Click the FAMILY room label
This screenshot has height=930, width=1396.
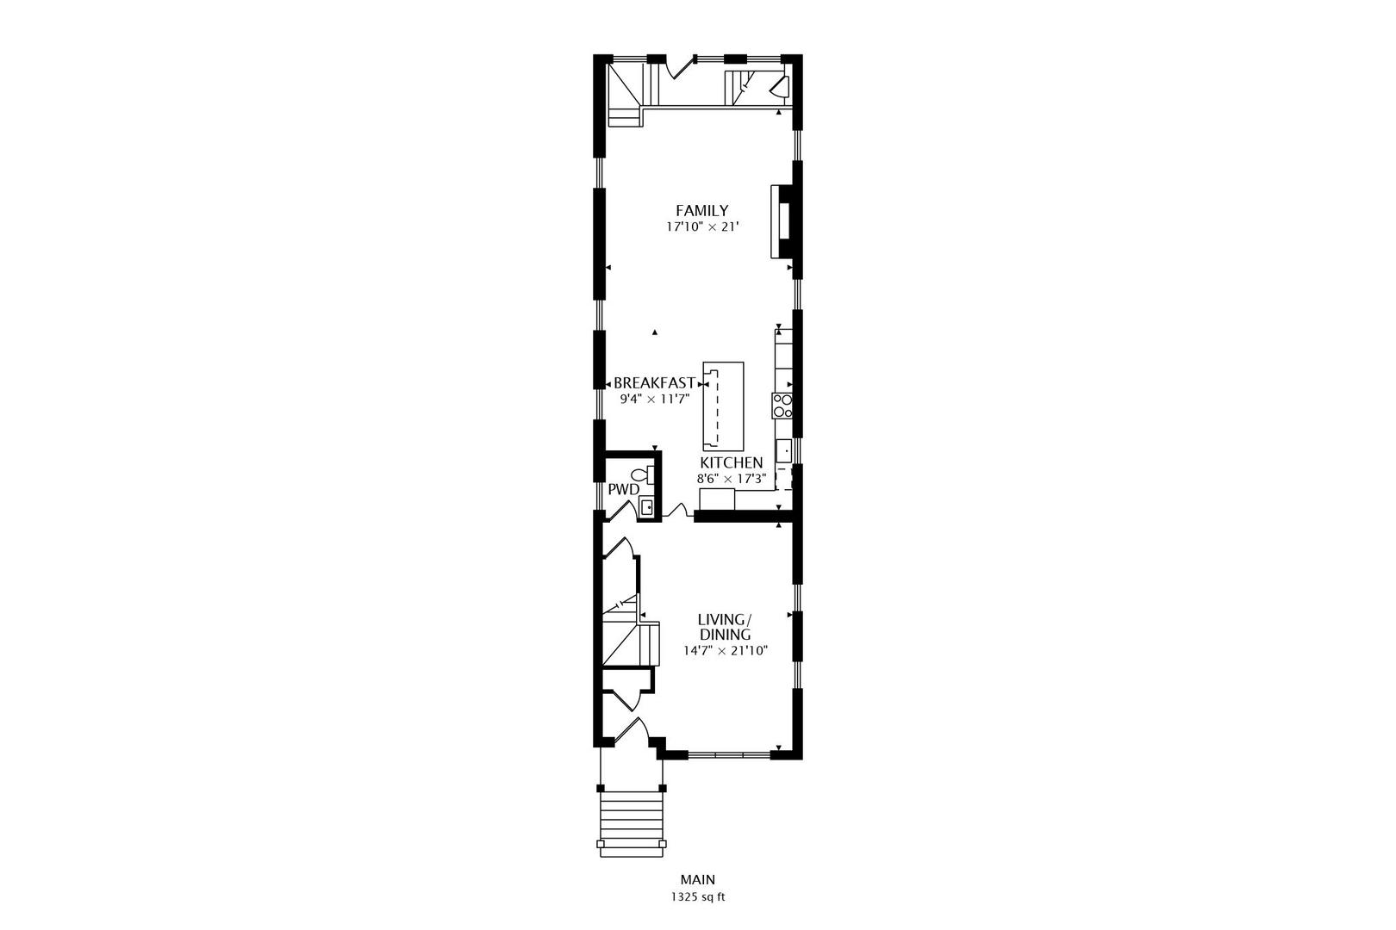[701, 210]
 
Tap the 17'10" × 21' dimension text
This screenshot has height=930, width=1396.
[701, 227]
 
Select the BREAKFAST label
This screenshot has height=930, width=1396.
[654, 383]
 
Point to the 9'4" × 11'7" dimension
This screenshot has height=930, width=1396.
[654, 399]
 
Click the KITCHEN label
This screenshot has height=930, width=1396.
[731, 462]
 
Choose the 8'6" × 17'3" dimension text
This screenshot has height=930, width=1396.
[731, 479]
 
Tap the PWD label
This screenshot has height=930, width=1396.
[623, 489]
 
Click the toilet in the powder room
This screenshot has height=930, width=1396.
[642, 474]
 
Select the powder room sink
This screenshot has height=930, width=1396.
[646, 506]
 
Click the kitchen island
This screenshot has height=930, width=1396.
[722, 406]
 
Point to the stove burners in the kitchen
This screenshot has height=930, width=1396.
[782, 406]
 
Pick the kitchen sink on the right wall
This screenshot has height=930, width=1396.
[784, 449]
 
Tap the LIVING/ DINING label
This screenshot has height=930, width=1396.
[725, 627]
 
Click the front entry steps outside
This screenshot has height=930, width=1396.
[633, 821]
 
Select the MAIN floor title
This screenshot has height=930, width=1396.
[697, 879]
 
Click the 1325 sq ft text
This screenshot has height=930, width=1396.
[697, 896]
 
